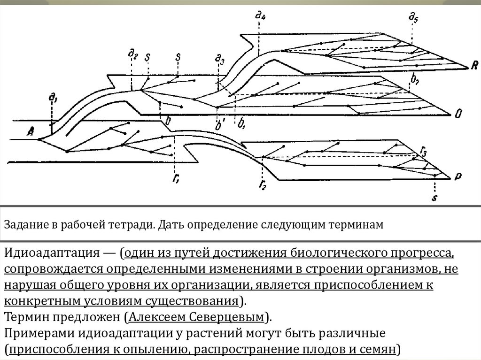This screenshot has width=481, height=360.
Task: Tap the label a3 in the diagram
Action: pyautogui.click(x=219, y=59)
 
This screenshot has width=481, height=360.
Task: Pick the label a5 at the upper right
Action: pyautogui.click(x=413, y=18)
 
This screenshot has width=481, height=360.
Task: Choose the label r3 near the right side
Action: pyautogui.click(x=424, y=151)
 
